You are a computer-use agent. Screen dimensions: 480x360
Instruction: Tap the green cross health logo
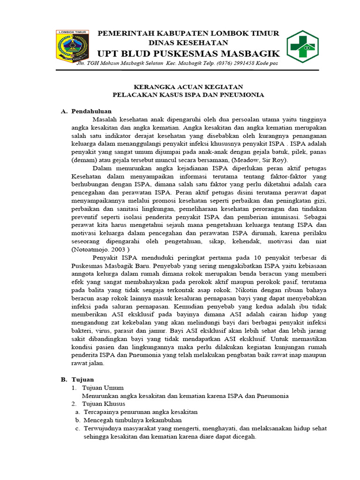[305, 46]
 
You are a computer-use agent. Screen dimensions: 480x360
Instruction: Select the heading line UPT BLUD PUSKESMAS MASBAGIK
[188, 53]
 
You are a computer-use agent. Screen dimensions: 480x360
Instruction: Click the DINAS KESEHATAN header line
[188, 43]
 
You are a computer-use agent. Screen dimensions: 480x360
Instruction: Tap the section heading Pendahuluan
[91, 111]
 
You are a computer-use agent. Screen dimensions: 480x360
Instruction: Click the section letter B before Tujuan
[64, 379]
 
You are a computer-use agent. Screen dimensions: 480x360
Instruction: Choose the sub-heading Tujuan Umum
[103, 388]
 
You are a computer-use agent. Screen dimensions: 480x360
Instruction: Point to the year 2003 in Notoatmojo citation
[118, 250]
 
